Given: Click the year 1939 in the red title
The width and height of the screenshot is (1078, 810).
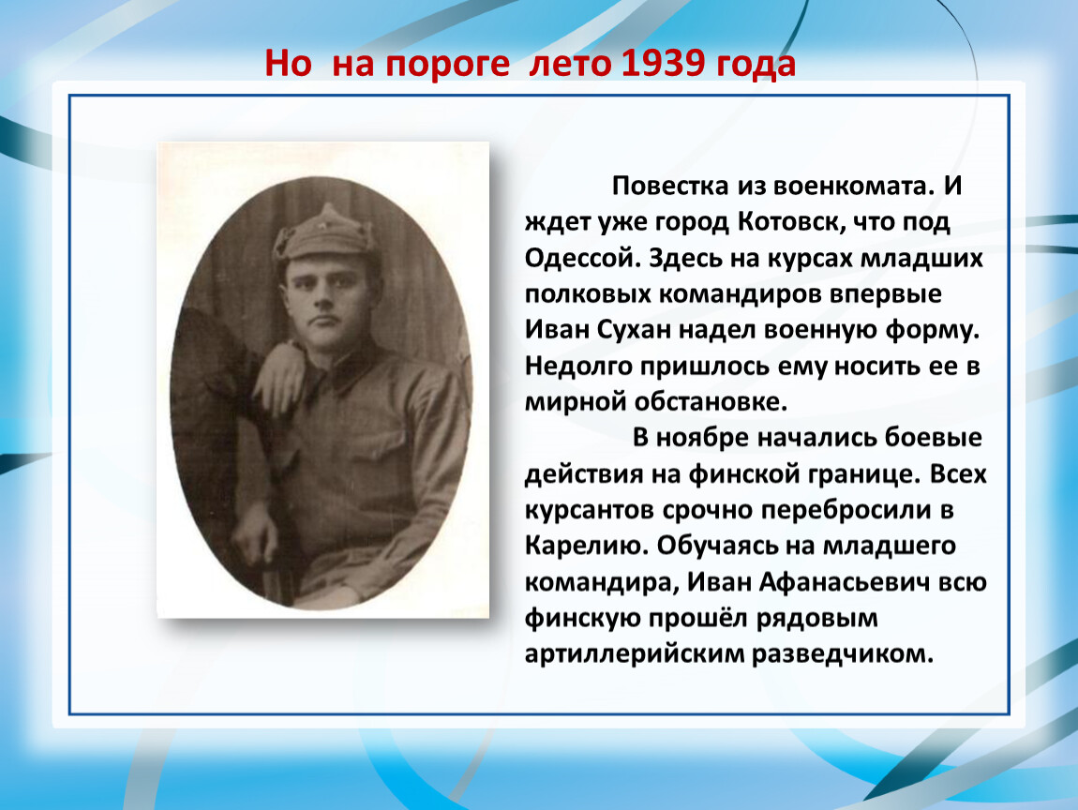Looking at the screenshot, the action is click(663, 63).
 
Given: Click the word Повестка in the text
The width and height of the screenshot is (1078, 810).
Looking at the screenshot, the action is click(670, 186).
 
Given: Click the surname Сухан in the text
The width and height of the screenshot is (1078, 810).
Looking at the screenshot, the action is click(633, 330).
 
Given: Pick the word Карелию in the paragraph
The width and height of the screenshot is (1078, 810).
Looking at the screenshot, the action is click(587, 546).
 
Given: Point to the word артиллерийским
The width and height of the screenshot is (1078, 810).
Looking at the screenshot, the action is click(633, 654).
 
